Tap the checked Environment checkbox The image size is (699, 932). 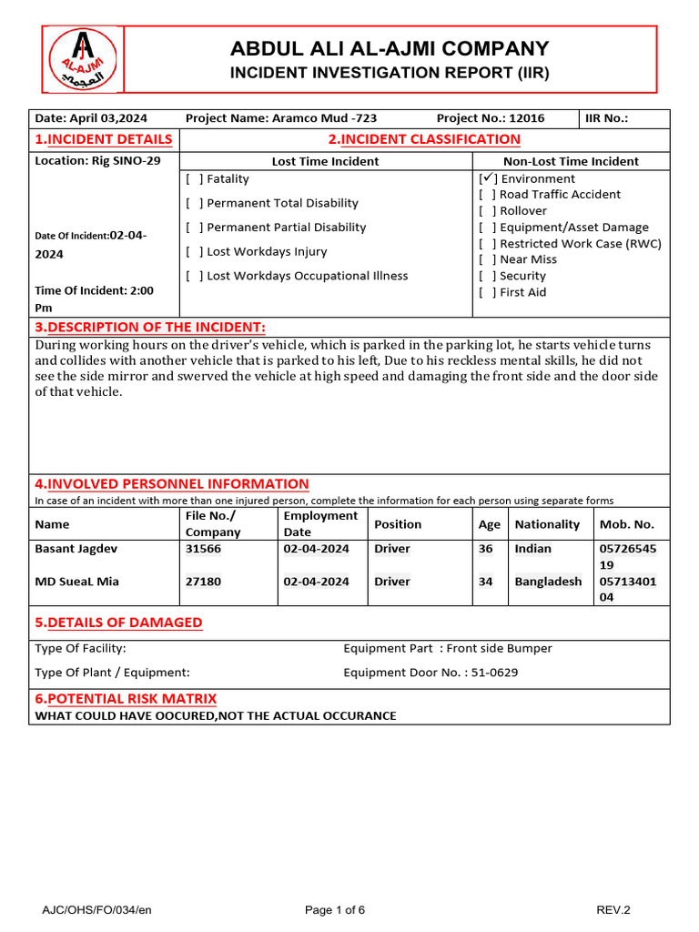tap(487, 179)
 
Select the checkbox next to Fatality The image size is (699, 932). tap(194, 179)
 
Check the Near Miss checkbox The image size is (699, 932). tap(487, 259)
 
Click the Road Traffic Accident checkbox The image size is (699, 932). tap(487, 195)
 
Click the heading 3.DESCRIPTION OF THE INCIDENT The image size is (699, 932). tap(150, 328)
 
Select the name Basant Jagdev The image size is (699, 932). tap(76, 549)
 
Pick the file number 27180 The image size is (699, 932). tap(203, 582)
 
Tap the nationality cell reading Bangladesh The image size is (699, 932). tap(548, 582)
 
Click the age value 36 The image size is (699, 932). tap(486, 549)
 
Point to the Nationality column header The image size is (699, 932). tap(547, 524)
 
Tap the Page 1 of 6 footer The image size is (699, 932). tap(335, 910)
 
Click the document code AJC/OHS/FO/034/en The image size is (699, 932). tap(91, 910)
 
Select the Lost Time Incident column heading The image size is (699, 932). tap(325, 161)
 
